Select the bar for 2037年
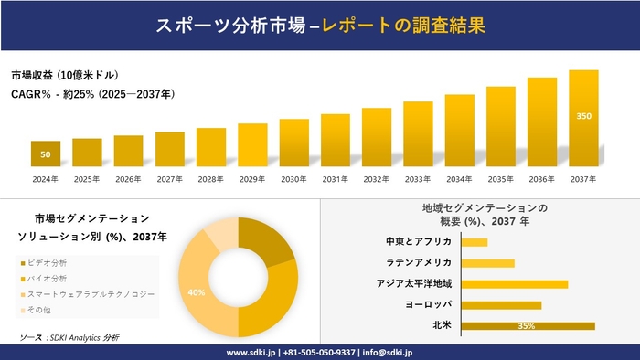(583, 119)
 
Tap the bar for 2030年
(293, 143)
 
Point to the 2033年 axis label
(418, 178)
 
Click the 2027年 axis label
(170, 178)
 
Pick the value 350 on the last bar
(583, 116)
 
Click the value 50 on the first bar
(46, 154)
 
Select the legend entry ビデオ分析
(58, 263)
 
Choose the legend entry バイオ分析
(58, 279)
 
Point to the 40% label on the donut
(196, 292)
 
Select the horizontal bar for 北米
(528, 325)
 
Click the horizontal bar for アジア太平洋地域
(515, 283)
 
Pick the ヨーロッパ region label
(427, 304)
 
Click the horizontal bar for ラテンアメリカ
(488, 263)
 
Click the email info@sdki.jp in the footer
(389, 352)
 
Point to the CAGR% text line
(92, 93)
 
